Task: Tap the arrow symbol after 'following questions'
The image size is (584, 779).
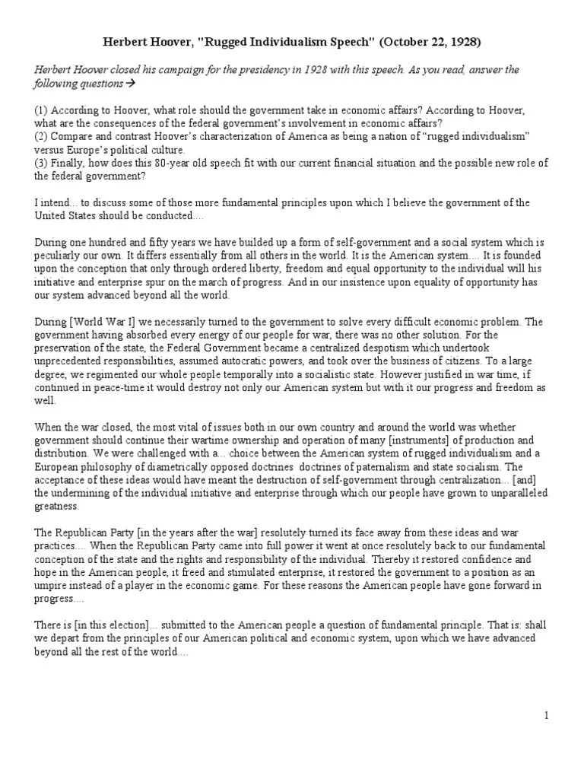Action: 129,84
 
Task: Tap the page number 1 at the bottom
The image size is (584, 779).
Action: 546,715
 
